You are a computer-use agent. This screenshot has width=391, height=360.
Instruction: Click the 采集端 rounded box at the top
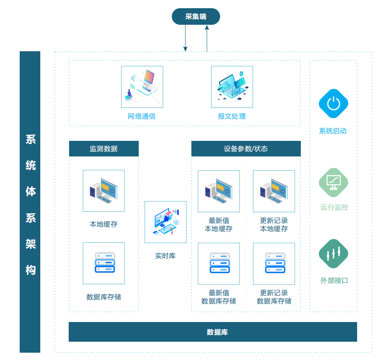coord(196,16)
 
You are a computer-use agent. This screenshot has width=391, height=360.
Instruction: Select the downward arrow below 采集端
coord(185,38)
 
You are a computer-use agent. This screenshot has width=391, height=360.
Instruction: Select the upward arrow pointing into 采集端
coord(207,38)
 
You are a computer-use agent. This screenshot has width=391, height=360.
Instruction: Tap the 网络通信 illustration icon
coord(142,87)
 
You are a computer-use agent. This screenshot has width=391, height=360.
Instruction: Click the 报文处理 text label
coord(232,116)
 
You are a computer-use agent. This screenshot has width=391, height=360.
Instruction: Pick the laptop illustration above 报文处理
coord(232,87)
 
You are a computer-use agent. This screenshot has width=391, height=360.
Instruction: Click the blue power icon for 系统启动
coord(333,103)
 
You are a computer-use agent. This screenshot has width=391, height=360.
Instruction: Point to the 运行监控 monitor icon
coord(333,183)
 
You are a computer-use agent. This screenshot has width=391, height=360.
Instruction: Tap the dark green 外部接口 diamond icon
coord(333,253)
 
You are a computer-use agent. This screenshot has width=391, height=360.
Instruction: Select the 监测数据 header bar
coord(104,149)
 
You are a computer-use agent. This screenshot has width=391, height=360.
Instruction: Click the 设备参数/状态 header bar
coord(246,149)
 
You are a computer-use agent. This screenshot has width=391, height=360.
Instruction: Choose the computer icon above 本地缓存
coord(104,191)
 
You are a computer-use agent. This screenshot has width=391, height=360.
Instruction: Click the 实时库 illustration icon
coord(166,222)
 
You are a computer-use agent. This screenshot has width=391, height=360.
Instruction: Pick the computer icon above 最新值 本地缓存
coord(219,191)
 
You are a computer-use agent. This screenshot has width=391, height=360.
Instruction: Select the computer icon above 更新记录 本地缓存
coord(274,191)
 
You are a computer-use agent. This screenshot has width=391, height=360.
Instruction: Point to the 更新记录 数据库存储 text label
coord(274,297)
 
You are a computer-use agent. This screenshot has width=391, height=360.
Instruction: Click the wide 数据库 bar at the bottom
coord(213,332)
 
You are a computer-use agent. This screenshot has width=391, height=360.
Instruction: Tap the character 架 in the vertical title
coord(30,244)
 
